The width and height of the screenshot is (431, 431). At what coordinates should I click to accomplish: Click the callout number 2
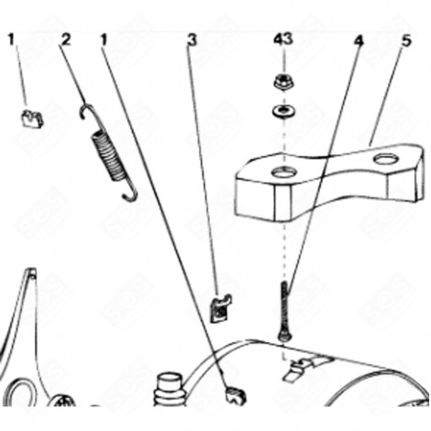coord(66,39)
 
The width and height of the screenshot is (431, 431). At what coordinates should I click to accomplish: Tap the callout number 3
coord(193,40)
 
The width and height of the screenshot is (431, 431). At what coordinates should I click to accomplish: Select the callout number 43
coord(282,39)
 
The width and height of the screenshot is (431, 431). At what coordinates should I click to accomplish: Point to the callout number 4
coord(359,40)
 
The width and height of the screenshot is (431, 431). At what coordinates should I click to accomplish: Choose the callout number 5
coord(406,40)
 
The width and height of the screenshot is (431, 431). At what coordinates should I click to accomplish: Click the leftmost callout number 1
coord(12,39)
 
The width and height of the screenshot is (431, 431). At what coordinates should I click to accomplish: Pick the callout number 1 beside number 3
coord(105,40)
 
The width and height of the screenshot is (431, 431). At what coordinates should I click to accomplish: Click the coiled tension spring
coord(109,153)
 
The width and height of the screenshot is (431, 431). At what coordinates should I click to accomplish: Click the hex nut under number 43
coord(282,83)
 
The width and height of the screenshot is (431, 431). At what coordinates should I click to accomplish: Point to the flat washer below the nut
coord(283,111)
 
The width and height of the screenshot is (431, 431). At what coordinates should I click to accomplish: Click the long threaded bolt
coord(284,310)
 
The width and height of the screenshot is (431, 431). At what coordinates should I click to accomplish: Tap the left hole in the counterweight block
coord(284,172)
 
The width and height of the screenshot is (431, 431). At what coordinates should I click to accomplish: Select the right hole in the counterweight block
coord(386,159)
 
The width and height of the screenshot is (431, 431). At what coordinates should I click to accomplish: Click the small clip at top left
coord(32,117)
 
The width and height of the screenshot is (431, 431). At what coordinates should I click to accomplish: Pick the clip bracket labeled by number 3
coord(221,308)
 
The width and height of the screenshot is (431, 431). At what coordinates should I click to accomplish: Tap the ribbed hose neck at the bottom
coord(169,390)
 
